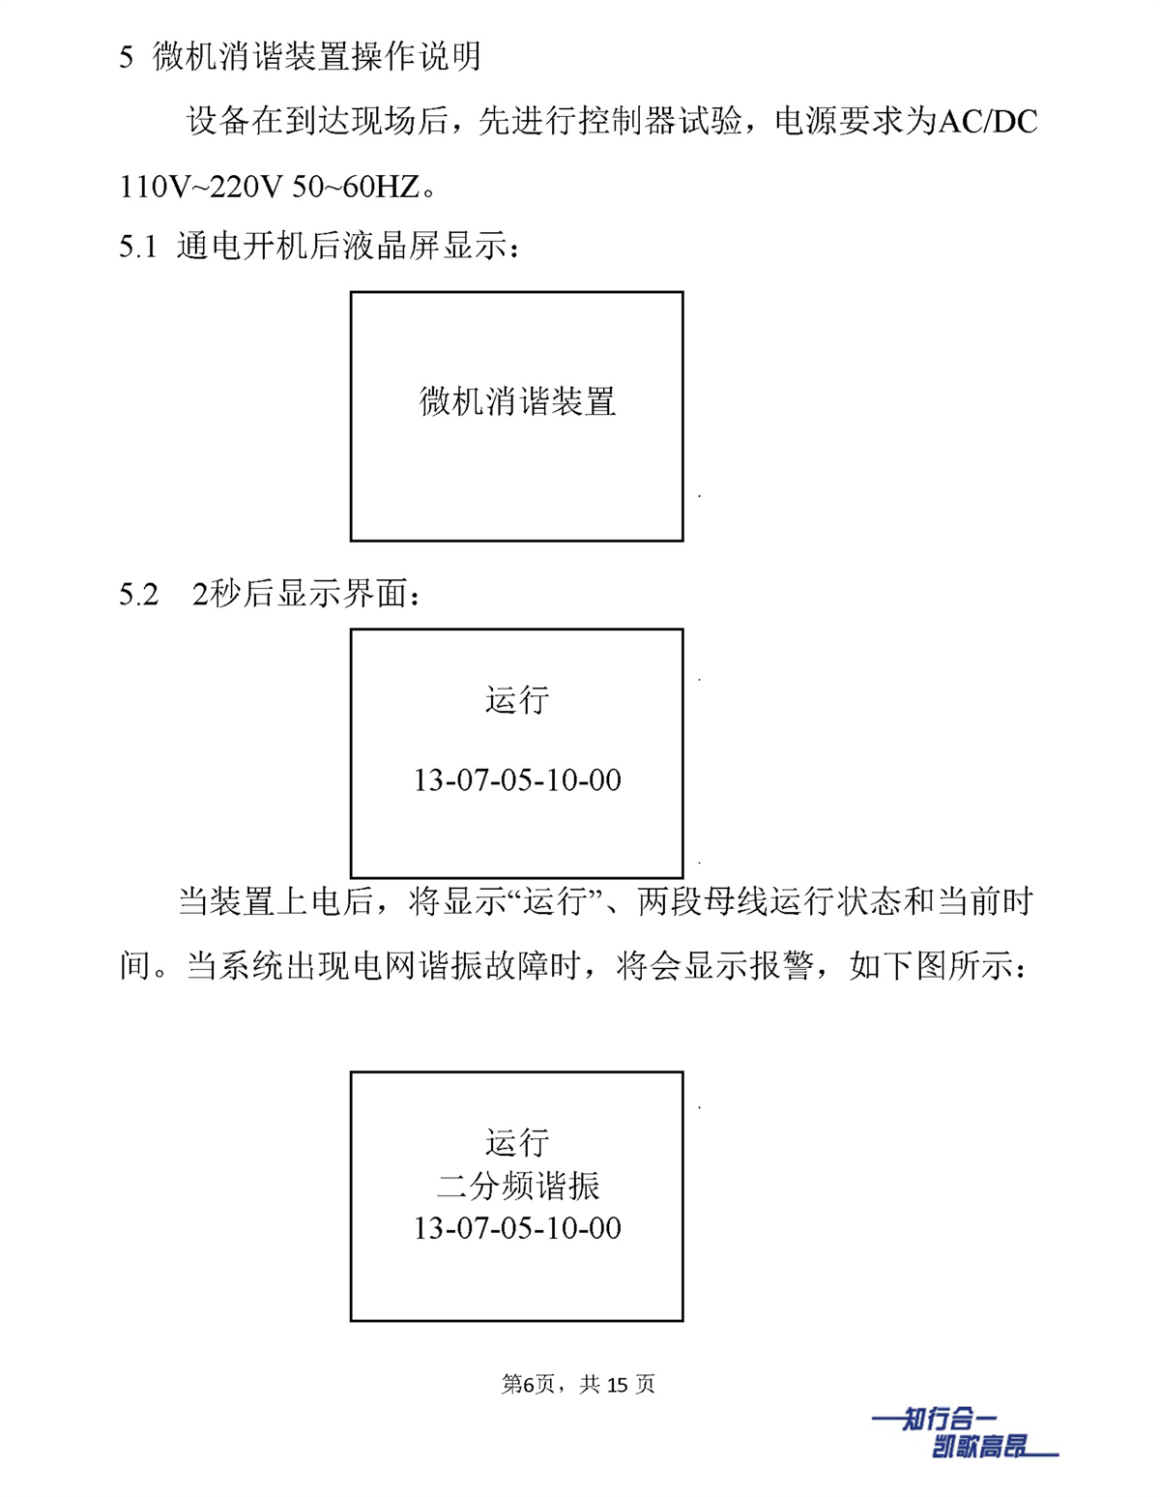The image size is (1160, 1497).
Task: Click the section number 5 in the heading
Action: click(126, 56)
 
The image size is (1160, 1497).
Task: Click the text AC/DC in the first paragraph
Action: click(988, 122)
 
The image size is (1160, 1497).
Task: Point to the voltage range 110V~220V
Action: click(197, 186)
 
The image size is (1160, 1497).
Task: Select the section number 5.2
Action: click(138, 594)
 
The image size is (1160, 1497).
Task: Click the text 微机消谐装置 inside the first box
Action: click(517, 401)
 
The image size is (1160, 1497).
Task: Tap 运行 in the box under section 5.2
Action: click(517, 700)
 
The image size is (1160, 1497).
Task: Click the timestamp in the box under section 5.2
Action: click(517, 779)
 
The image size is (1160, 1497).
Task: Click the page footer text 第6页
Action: click(528, 1384)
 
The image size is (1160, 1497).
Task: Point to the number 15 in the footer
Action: click(619, 1385)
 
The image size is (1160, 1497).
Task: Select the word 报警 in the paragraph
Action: click(782, 966)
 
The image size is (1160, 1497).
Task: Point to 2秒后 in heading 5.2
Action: click(233, 594)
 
